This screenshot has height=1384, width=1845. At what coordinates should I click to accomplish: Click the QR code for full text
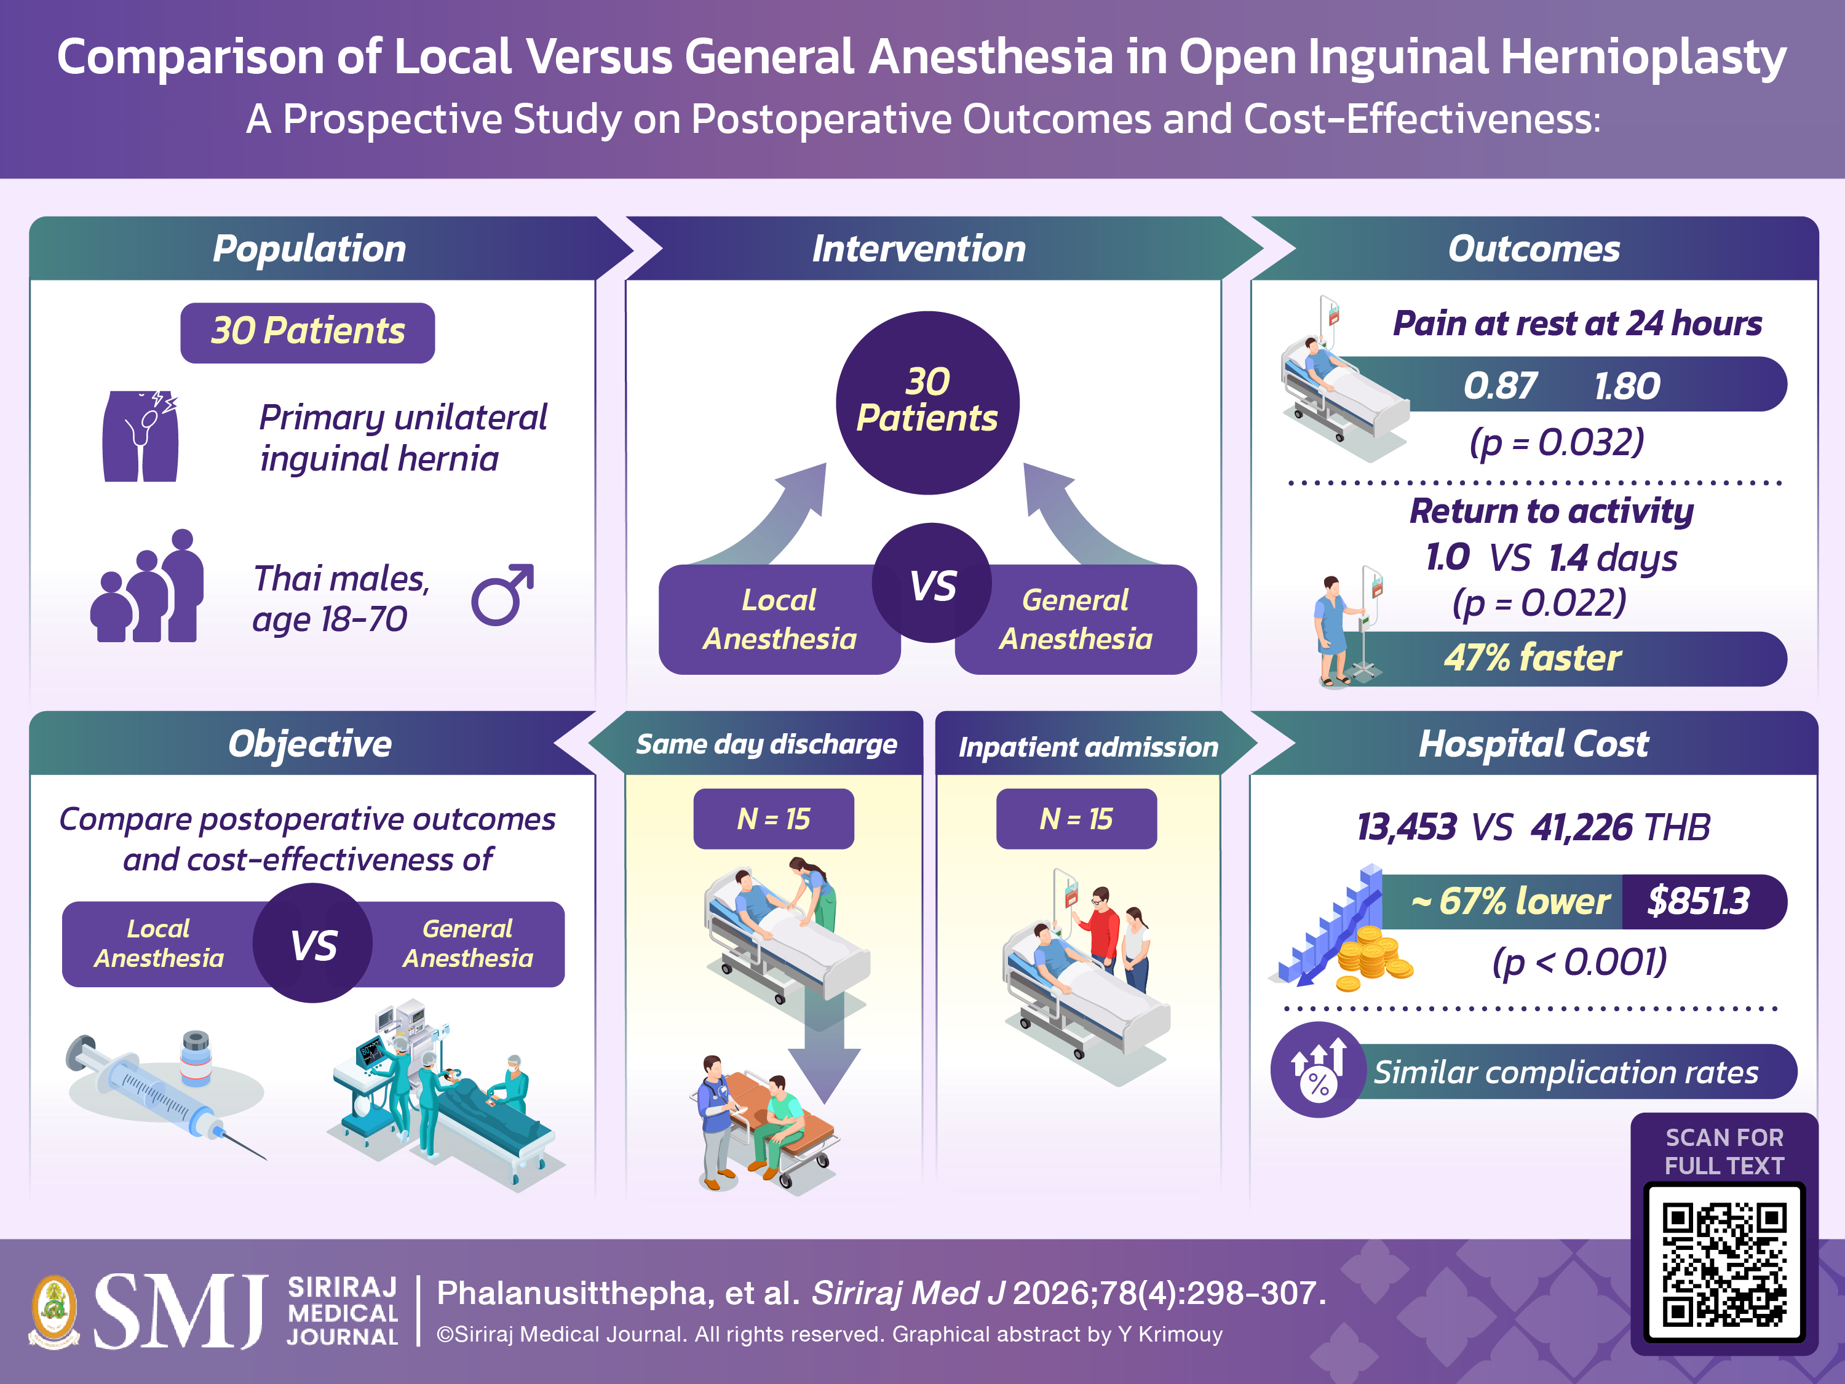pos(1724,1264)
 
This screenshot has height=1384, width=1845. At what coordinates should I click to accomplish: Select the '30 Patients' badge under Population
pos(307,332)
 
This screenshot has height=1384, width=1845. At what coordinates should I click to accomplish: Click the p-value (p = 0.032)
pos(1557,442)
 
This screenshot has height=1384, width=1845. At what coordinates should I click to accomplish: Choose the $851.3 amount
pos(1698,901)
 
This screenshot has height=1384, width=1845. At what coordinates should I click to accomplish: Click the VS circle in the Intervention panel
pos(932,583)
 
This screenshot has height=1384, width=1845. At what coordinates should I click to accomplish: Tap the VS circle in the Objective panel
pos(313,943)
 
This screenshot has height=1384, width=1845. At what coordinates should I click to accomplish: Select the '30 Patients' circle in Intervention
pos(927,402)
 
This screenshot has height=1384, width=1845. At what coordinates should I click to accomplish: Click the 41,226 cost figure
pos(1581,827)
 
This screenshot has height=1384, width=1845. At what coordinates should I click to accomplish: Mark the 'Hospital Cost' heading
pos(1533,743)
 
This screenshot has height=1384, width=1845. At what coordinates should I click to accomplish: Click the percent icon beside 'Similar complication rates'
pos(1319,1070)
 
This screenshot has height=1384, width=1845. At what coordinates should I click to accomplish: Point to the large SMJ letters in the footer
pos(180,1311)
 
